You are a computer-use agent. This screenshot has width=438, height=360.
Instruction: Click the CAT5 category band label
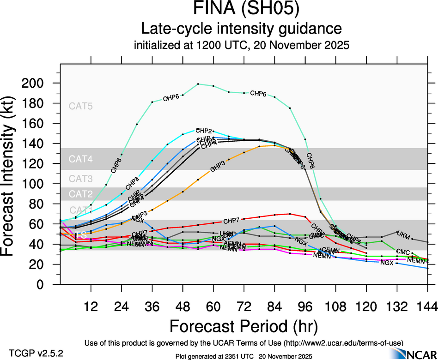(81, 106)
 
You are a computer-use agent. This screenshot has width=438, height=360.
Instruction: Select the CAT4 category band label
(81, 159)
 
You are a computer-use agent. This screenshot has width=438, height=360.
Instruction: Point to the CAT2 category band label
(81, 193)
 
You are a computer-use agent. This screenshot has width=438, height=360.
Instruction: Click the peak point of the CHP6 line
(198, 84)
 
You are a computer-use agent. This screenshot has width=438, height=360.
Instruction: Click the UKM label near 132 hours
(403, 234)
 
